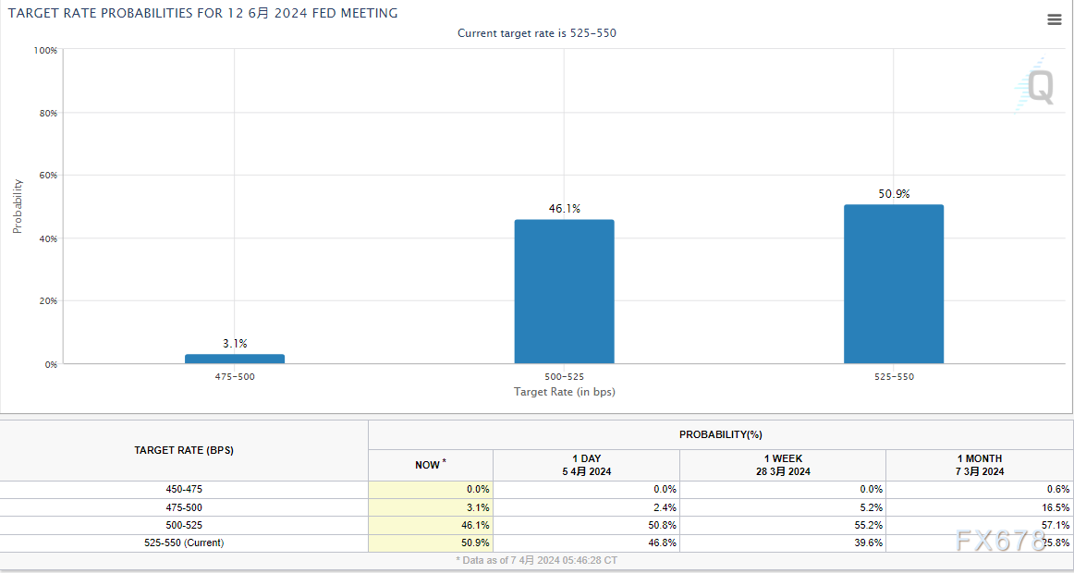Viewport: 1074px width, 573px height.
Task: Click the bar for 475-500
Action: pyautogui.click(x=235, y=359)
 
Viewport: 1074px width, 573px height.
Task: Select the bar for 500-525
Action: pyautogui.click(x=564, y=291)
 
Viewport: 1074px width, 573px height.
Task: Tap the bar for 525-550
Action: pyautogui.click(x=893, y=284)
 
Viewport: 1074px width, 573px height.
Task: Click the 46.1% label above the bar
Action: pyautogui.click(x=564, y=209)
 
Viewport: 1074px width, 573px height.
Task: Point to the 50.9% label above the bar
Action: pyautogui.click(x=893, y=194)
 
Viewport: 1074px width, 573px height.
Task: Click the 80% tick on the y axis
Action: pyautogui.click(x=46, y=113)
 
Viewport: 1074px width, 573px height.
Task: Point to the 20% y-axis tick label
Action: pyautogui.click(x=46, y=301)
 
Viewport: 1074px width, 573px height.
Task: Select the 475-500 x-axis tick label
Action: pyautogui.click(x=235, y=377)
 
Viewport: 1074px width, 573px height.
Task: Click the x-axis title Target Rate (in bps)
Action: pyautogui.click(x=564, y=392)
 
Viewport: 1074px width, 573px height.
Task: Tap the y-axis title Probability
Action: pyautogui.click(x=18, y=206)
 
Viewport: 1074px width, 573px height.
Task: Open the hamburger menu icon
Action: pyautogui.click(x=1055, y=19)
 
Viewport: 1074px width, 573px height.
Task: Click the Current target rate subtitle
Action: pyautogui.click(x=536, y=33)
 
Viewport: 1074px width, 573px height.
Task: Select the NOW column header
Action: pyautogui.click(x=430, y=465)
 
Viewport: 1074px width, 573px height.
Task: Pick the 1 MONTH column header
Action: pyautogui.click(x=980, y=465)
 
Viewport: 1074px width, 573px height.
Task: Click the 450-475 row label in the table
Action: pyautogui.click(x=184, y=489)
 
